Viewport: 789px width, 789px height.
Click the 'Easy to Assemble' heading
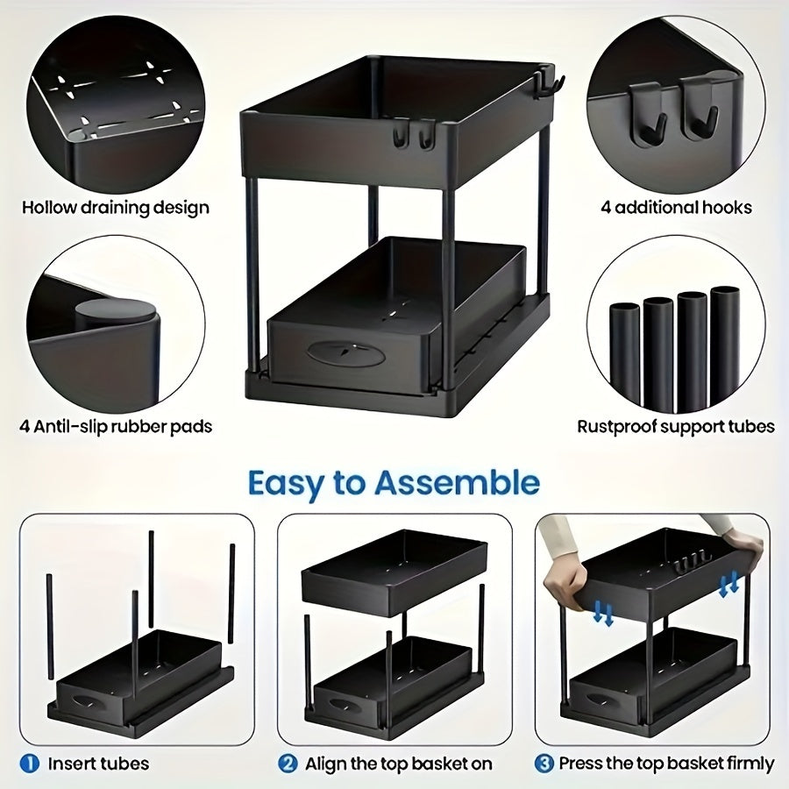(x=394, y=483)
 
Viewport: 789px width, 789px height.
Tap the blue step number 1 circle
(x=30, y=764)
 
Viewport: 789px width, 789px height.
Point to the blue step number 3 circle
(x=544, y=764)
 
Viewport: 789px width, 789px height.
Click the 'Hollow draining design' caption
(x=116, y=208)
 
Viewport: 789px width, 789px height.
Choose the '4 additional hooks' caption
(x=676, y=208)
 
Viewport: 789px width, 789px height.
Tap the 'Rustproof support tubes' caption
(x=676, y=427)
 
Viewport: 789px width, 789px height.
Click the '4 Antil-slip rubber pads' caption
(x=116, y=427)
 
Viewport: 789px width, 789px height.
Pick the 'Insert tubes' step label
(x=98, y=764)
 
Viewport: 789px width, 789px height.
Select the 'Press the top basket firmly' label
(x=666, y=764)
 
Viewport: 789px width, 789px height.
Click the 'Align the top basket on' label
(x=399, y=764)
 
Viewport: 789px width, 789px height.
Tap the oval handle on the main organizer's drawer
(x=347, y=352)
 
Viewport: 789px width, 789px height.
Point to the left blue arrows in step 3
(x=601, y=613)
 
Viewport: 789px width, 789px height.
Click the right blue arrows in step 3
(x=728, y=584)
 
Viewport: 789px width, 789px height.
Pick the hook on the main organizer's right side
(x=551, y=86)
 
